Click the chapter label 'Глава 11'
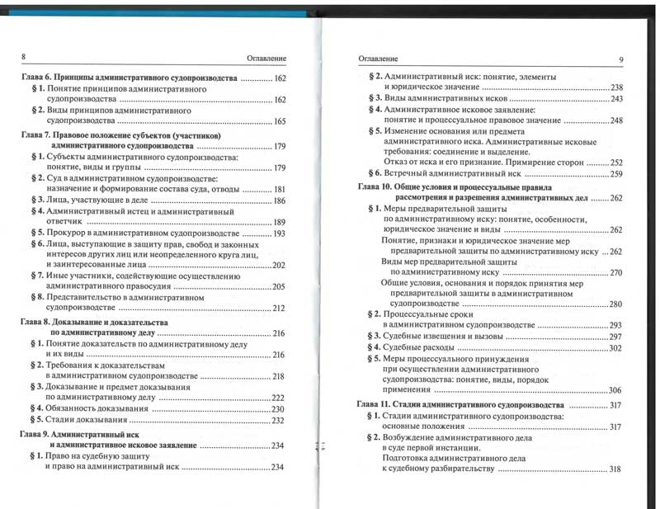pos(373,406)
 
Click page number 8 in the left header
pos(23,56)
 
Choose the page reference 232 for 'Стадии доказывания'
pos(279,421)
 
